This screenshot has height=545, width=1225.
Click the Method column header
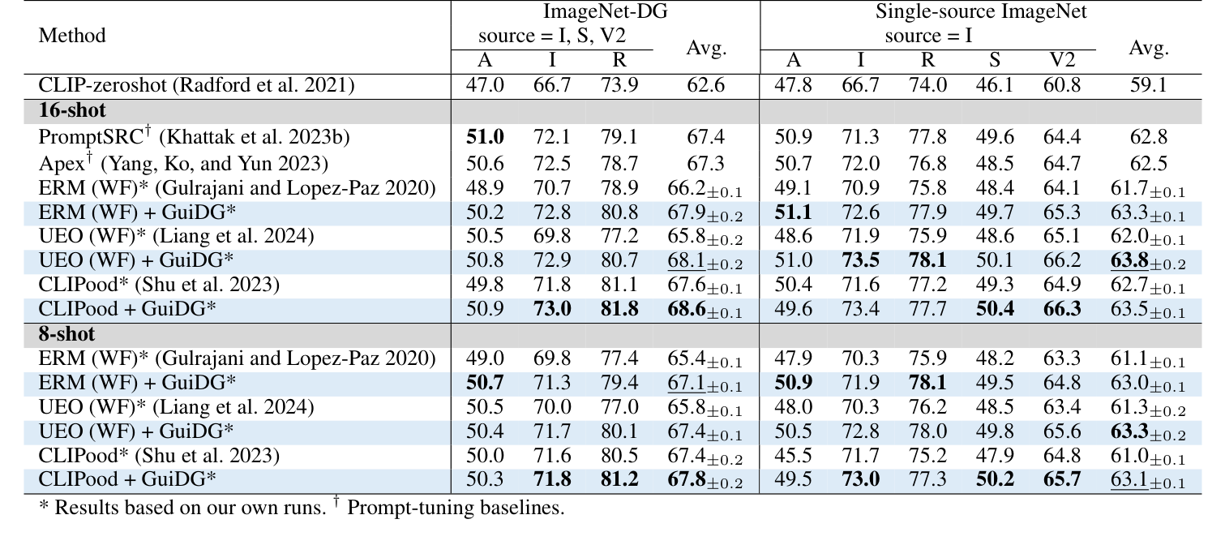[72, 36]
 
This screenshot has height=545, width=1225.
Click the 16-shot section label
[72, 110]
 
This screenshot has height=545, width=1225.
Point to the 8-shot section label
[67, 333]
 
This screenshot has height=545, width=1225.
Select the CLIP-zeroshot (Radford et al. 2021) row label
[197, 85]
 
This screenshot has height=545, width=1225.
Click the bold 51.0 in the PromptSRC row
[485, 136]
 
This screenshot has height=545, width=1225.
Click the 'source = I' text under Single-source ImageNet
[928, 36]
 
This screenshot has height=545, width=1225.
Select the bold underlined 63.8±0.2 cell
[1147, 261]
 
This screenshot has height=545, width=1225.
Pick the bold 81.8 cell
[619, 311]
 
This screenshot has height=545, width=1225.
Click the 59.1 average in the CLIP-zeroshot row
[1147, 85]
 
